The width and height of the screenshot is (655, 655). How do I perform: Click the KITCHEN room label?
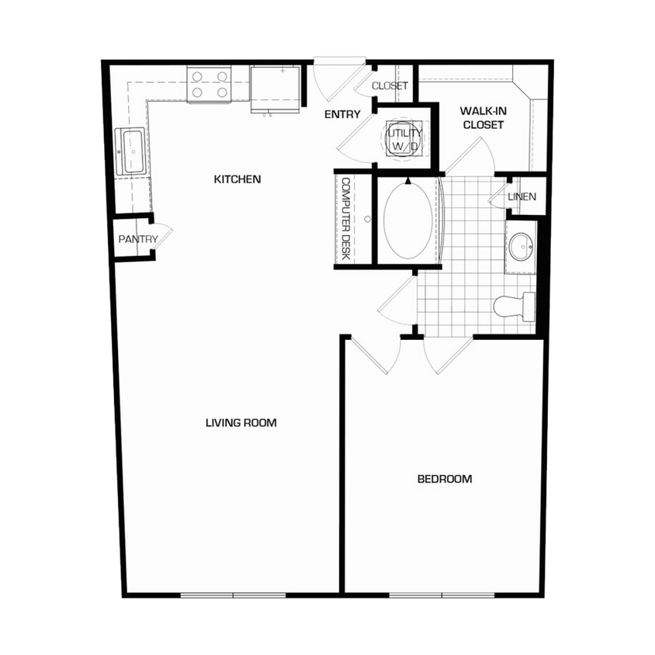click(237, 179)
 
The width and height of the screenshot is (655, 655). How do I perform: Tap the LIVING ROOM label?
click(241, 423)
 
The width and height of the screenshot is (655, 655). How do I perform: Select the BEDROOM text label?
click(445, 479)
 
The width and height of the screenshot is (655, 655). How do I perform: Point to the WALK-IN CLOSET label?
click(483, 118)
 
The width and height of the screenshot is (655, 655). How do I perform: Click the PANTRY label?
click(138, 239)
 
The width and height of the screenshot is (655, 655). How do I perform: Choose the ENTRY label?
click(342, 115)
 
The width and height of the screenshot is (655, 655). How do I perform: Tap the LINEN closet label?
click(522, 196)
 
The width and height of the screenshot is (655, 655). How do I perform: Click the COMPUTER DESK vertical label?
click(346, 220)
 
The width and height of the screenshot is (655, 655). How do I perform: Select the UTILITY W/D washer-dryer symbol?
click(404, 138)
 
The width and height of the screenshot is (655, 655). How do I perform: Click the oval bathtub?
click(406, 220)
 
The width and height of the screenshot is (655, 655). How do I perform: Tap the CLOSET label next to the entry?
click(390, 85)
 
